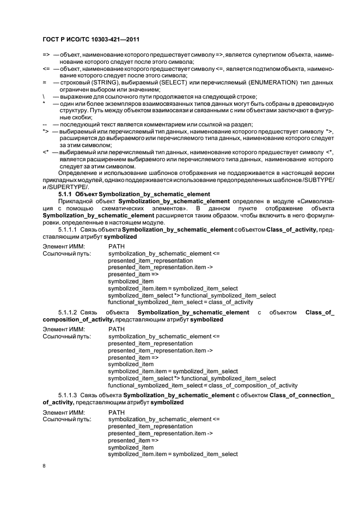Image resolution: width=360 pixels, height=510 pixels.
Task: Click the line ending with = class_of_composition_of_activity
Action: pyautogui.click(x=203, y=385)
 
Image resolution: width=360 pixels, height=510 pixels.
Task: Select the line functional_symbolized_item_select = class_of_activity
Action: pyautogui.click(x=180, y=302)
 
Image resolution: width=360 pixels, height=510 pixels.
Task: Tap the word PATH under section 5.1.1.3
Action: pyautogui.click(x=117, y=412)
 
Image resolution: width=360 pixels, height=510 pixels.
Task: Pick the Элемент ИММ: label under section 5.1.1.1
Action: pyautogui.click(x=63, y=247)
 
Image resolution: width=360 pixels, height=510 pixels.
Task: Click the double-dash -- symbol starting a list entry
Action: pyautogui.click(x=45, y=124)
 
